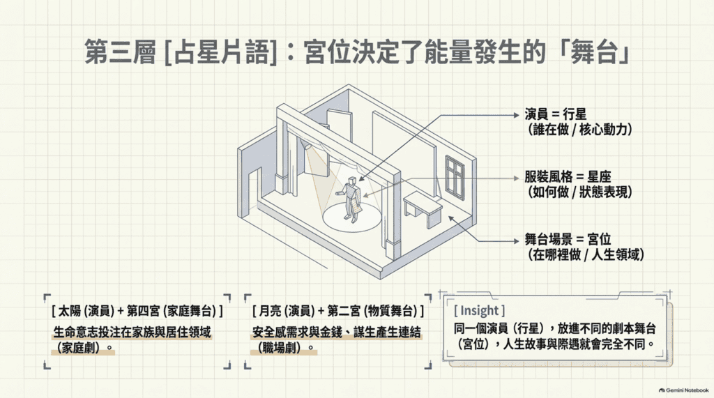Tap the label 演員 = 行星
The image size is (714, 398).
coord(556,114)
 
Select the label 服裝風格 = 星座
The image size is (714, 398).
coord(568,176)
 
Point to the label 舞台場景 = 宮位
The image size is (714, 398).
coord(568,239)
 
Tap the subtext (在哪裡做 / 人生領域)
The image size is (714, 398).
coord(586,254)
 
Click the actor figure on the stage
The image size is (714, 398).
coord(350,199)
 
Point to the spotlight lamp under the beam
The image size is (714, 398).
coord(308,145)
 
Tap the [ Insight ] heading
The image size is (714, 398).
coord(480,311)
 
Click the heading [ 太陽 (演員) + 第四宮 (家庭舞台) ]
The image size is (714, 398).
coord(137,311)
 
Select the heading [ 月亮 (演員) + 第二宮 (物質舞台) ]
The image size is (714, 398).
coord(338,311)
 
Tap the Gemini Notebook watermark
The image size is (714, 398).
coord(683,390)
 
